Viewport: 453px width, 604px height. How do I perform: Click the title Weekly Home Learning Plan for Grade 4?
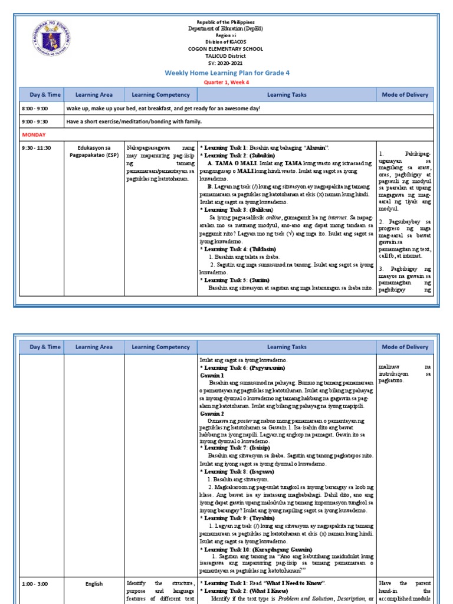click(x=226, y=73)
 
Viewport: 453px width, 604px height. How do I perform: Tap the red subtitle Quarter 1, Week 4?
click(x=226, y=82)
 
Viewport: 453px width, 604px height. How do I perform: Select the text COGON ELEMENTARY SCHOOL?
click(x=226, y=49)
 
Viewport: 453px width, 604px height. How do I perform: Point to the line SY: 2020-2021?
click(x=226, y=63)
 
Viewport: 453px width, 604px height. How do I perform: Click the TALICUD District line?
click(x=226, y=56)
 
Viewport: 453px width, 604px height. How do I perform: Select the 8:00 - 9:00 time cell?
click(x=35, y=109)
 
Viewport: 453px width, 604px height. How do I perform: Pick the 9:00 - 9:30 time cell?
click(x=35, y=122)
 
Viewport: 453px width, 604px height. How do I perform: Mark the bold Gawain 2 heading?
click(x=212, y=413)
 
